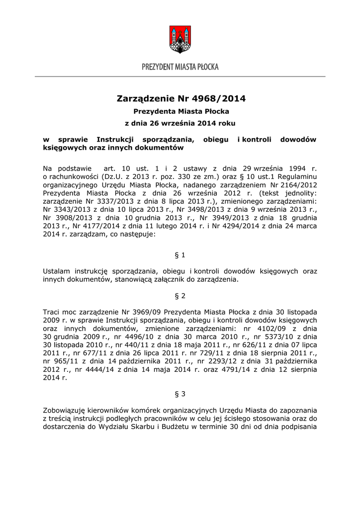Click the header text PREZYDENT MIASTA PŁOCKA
coord(180,67)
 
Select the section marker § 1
coord(180,255)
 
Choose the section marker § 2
coord(180,296)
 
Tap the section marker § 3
coord(180,394)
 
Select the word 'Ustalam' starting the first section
coord(57,271)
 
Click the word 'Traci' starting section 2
coord(52,312)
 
